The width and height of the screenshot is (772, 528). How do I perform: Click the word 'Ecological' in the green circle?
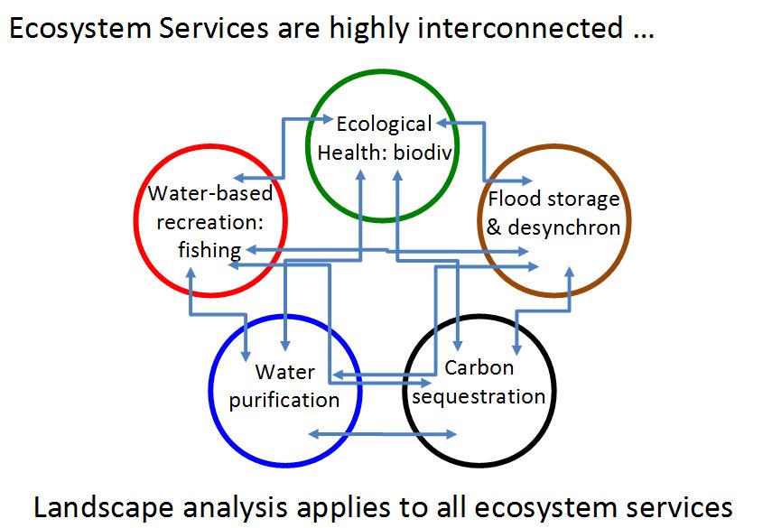coord(384,125)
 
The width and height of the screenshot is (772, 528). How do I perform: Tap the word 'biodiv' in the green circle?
coord(423,153)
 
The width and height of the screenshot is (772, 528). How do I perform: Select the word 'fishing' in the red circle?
coord(209,250)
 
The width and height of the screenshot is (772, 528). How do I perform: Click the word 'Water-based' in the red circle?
coord(210,193)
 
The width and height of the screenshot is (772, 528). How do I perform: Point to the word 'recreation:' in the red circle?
coord(210,222)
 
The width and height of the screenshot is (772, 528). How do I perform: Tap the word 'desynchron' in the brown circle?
coord(563,227)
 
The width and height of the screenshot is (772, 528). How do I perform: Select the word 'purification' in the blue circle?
coord(284,400)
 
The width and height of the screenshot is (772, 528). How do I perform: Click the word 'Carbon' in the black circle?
coord(479,367)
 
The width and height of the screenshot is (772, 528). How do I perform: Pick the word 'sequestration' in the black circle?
coord(479,396)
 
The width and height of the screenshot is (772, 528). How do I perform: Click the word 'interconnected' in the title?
coord(520,28)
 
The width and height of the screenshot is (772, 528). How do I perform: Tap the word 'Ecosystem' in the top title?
coord(80,29)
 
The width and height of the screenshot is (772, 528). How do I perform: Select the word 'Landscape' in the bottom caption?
coord(104,508)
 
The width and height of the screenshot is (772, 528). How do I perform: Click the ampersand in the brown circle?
coord(494,227)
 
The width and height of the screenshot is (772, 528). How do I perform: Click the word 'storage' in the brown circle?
coord(583,199)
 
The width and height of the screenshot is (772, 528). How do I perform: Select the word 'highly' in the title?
coord(368,29)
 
